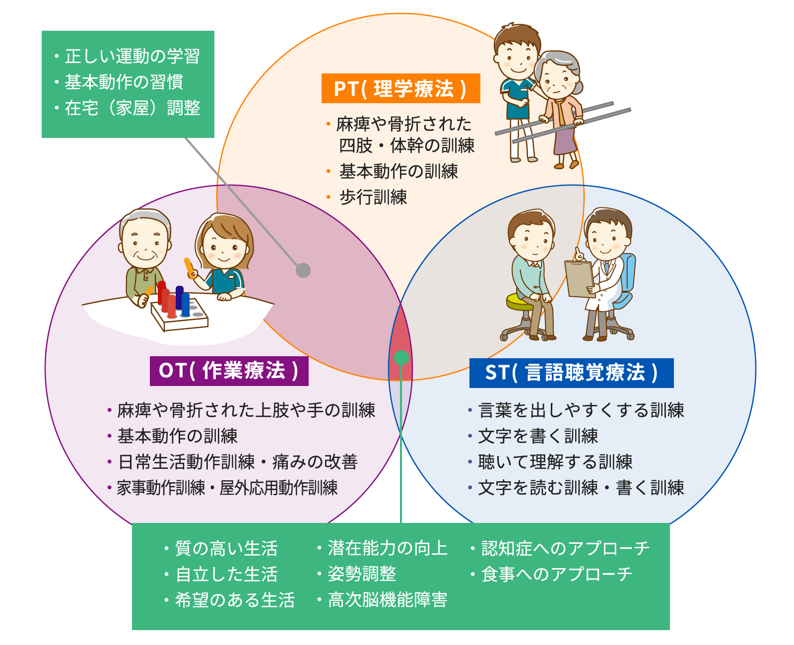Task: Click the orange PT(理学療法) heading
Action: click(x=400, y=88)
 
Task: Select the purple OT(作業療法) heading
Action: click(x=229, y=371)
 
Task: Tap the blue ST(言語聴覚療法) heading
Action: click(x=571, y=373)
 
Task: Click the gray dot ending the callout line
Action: click(x=303, y=270)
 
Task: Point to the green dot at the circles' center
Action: click(x=401, y=358)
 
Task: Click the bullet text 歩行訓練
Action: click(x=373, y=197)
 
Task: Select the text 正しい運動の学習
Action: click(x=132, y=56)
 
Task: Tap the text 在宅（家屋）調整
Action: click(x=132, y=108)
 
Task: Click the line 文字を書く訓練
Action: click(x=538, y=436)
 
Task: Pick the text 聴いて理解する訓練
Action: click(x=555, y=462)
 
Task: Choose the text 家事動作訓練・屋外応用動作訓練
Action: click(x=227, y=488)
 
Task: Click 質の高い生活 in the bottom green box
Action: click(x=226, y=548)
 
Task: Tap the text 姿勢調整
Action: click(x=362, y=574)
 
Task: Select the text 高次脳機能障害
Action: click(x=388, y=600)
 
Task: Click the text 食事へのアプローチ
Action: click(x=557, y=574)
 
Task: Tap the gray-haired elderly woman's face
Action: click(x=557, y=81)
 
